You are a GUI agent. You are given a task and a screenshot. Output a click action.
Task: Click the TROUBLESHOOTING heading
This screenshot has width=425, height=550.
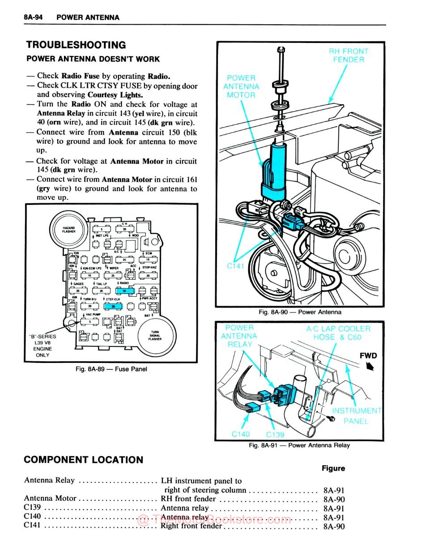(x=76, y=45)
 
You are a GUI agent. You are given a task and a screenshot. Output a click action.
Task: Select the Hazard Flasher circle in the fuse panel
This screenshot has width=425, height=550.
(x=69, y=230)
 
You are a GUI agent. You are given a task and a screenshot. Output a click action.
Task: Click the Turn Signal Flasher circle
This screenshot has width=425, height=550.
(x=156, y=336)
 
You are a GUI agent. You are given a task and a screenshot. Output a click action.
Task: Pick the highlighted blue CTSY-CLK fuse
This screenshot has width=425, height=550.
(x=113, y=307)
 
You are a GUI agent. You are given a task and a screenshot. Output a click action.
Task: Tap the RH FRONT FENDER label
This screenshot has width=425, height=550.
(x=348, y=55)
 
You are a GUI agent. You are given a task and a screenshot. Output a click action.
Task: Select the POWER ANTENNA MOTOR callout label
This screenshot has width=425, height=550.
(x=241, y=86)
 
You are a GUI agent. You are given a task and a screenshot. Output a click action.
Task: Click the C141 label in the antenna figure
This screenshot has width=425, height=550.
(x=235, y=266)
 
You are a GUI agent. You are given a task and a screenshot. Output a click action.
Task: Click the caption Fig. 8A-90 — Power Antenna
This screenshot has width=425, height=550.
(x=300, y=312)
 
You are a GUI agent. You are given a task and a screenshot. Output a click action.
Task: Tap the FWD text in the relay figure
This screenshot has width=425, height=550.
(x=368, y=356)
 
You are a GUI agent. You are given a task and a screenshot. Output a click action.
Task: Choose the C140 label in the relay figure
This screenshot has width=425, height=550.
(x=241, y=434)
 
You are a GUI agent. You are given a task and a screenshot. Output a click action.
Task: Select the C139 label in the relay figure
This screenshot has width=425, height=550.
(x=275, y=435)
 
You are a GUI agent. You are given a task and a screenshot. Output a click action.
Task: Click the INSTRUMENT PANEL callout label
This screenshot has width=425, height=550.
(x=356, y=416)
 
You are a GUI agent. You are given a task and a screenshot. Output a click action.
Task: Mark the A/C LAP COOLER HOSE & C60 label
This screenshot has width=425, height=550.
(x=338, y=333)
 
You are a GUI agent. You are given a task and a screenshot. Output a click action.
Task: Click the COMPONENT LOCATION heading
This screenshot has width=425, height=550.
(x=84, y=460)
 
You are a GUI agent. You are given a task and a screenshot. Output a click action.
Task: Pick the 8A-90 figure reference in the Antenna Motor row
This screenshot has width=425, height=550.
(x=334, y=499)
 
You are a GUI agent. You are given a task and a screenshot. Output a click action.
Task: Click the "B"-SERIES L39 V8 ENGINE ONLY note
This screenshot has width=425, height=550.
(x=42, y=345)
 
